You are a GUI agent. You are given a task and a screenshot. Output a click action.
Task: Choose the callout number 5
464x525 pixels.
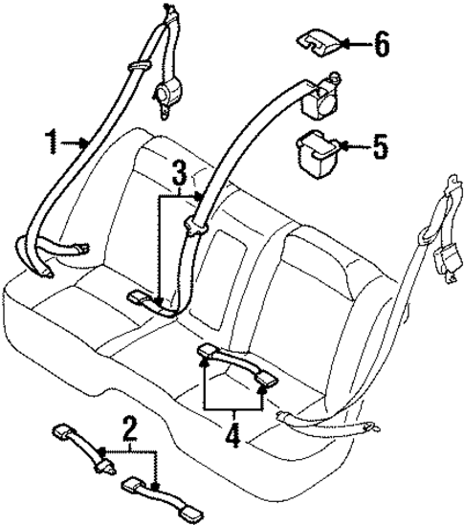coord(380,147)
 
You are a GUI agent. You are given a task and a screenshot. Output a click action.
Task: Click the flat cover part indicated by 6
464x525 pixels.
coord(315,41)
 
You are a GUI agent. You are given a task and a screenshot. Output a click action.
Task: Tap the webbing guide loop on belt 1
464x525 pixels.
coord(139,65)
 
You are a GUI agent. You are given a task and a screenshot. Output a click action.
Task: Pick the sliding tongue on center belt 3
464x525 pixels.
coord(198,227)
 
